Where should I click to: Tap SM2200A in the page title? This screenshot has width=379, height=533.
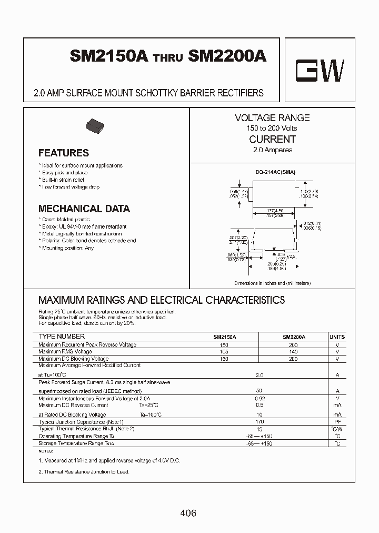227,57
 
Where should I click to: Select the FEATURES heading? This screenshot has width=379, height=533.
64,153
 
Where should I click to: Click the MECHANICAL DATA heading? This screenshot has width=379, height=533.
84,209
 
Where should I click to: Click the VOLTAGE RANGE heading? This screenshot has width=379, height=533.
272,118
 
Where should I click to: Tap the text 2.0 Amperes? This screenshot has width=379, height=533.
272,150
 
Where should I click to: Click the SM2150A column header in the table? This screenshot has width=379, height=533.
225,337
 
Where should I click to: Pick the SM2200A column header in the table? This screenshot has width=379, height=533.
294,337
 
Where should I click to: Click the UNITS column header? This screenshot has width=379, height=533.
337,337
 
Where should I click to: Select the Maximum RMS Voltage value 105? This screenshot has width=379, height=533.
225,352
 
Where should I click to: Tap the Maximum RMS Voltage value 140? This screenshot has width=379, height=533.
293,352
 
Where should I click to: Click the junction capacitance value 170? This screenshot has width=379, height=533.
259,422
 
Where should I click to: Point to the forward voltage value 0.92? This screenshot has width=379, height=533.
259,399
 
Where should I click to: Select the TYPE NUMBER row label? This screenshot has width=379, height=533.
62,337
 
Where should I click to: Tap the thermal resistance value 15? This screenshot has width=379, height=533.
259,429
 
